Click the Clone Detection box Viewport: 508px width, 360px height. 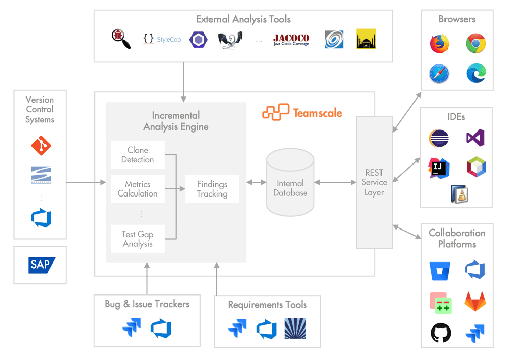[x=138, y=155]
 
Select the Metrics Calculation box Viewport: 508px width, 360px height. [x=138, y=189]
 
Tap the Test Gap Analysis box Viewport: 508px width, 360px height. [x=138, y=239]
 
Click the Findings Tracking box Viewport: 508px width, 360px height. [x=212, y=189]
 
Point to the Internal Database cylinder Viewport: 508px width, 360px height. [x=290, y=183]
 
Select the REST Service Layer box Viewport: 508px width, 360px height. [x=374, y=182]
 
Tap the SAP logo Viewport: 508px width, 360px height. [x=40, y=265]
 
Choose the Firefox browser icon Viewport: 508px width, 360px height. [x=439, y=44]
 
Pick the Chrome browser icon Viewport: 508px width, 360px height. [x=476, y=44]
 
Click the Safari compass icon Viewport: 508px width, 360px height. [x=439, y=74]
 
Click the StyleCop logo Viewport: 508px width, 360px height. [x=162, y=39]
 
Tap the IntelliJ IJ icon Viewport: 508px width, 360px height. [x=439, y=167]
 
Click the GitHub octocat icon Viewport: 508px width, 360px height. [x=440, y=333]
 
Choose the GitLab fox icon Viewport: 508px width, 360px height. [x=476, y=303]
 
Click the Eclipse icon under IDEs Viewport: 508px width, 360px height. [x=439, y=138]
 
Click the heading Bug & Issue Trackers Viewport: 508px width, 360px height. [x=147, y=304]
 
